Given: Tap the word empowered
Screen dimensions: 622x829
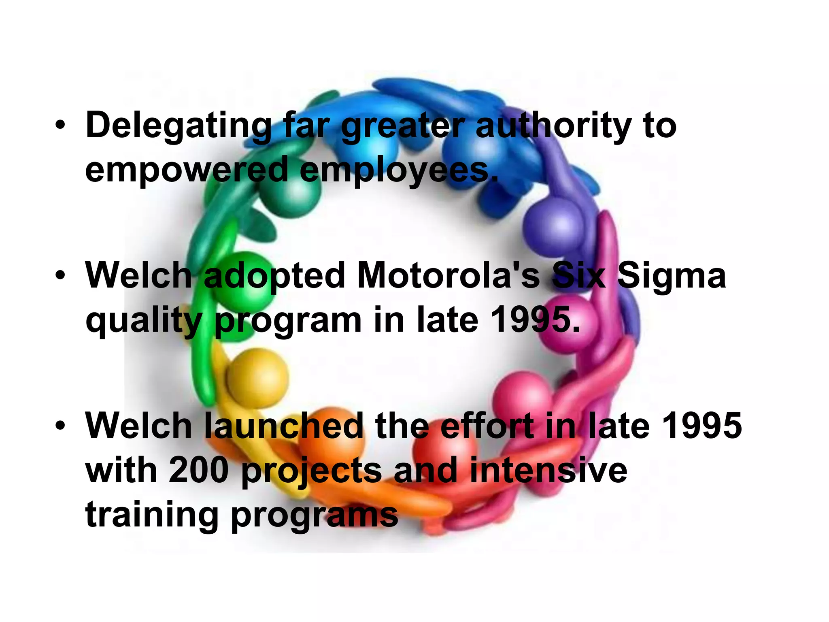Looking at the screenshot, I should (186, 170).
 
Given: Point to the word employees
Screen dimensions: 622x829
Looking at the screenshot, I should (399, 170).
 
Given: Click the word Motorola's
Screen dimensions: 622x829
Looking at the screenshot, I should (449, 276).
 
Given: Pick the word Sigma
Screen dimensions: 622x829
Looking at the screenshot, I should (672, 276).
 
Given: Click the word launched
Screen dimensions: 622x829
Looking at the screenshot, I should (283, 426).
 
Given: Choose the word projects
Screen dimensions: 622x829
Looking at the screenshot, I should (312, 471).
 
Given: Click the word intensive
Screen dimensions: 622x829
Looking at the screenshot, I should (548, 471).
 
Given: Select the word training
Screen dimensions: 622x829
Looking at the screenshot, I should (152, 515).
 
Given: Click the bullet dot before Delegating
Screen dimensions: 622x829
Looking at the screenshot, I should (60, 126).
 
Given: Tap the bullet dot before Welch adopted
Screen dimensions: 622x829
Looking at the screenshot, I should (60, 276).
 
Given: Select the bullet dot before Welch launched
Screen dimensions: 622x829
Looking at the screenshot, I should (60, 426).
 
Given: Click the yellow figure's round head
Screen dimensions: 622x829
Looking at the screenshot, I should (257, 377).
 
